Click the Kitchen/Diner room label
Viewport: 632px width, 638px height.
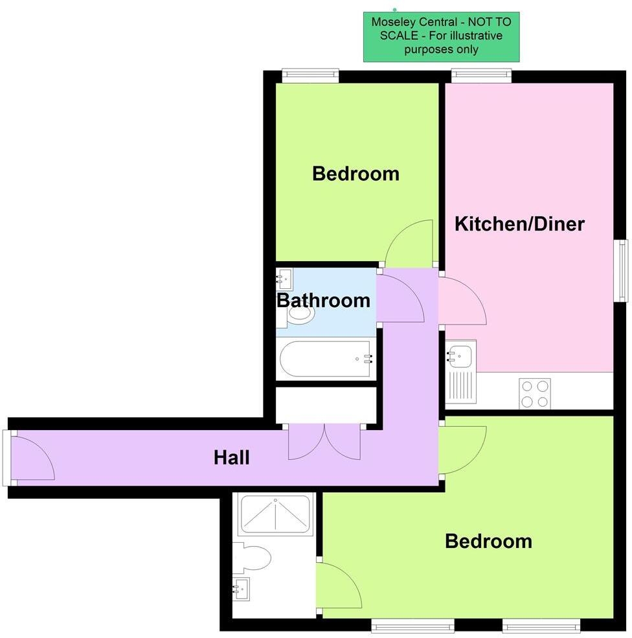(x=519, y=225)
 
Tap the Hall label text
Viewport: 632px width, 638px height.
(x=232, y=458)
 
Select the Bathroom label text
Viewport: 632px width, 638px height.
(x=323, y=301)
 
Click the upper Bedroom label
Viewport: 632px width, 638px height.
(x=356, y=174)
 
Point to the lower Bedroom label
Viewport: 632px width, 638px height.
(x=488, y=541)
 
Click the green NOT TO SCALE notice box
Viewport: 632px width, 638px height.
(x=441, y=36)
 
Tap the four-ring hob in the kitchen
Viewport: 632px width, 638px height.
(x=535, y=393)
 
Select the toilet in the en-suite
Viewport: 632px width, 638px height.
(x=254, y=557)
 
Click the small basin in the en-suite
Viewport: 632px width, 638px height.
(x=242, y=589)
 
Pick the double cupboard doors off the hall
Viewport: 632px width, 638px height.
(x=324, y=442)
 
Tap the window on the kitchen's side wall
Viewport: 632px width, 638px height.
(x=622, y=270)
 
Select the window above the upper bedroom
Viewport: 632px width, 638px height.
(x=311, y=76)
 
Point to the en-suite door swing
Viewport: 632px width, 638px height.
(x=340, y=586)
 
